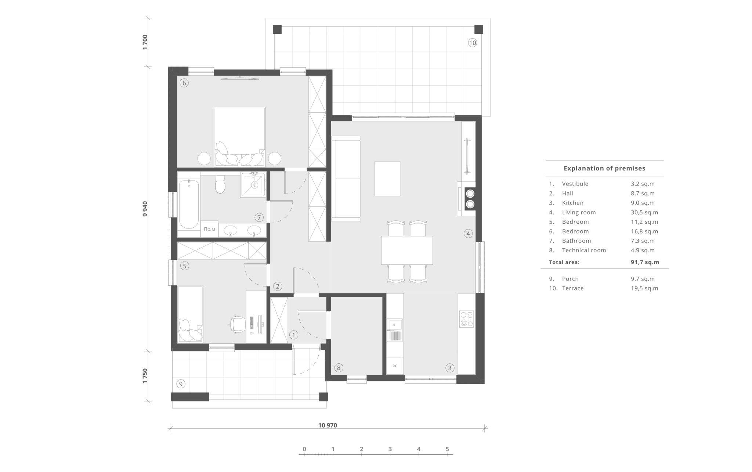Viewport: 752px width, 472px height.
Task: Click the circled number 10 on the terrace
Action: (x=472, y=43)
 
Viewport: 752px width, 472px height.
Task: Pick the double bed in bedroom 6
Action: (x=240, y=136)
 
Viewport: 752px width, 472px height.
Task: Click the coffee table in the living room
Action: (x=387, y=179)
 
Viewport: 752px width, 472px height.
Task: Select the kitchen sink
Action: (x=395, y=330)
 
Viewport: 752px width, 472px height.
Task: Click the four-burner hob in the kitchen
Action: (x=466, y=319)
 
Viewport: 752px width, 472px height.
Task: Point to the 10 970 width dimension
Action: (x=328, y=425)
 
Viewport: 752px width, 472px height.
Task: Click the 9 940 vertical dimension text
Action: (x=145, y=209)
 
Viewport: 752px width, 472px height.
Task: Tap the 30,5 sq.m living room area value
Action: (x=644, y=212)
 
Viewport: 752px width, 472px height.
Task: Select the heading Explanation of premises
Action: (x=604, y=168)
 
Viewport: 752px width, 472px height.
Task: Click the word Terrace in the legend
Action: (x=573, y=288)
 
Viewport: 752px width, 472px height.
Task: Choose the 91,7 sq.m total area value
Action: (x=645, y=262)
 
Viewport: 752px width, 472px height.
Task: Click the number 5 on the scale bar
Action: (x=447, y=449)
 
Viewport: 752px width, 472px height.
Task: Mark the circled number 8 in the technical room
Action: (x=339, y=368)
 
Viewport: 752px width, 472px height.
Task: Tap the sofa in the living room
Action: (x=346, y=179)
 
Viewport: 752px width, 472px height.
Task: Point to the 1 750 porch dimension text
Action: (x=145, y=376)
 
